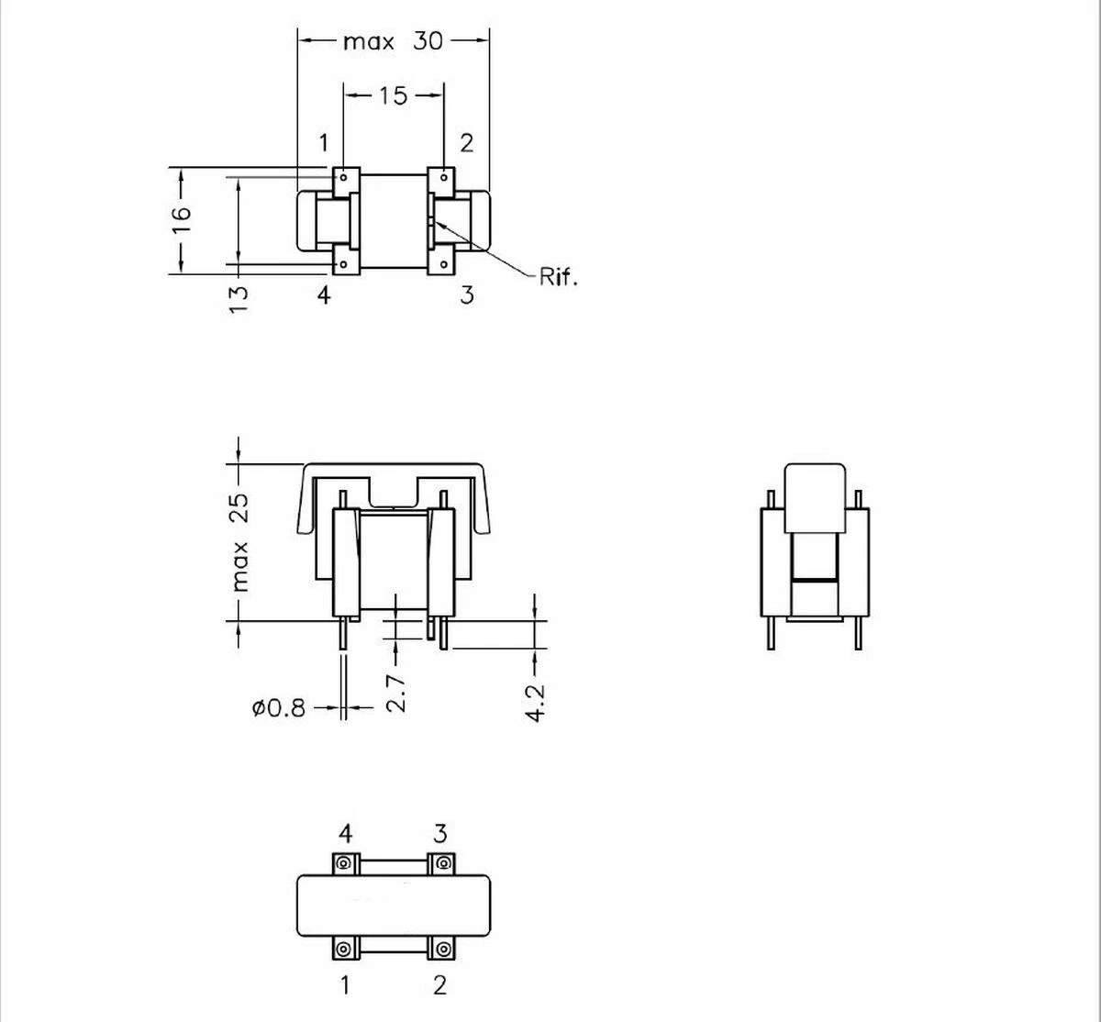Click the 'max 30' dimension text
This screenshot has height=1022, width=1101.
pos(393,41)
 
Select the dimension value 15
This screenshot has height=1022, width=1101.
pos(394,95)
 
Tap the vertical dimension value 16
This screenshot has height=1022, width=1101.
pos(182,219)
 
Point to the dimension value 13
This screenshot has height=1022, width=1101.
pos(239,300)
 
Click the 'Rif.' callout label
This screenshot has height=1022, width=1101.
pos(558,276)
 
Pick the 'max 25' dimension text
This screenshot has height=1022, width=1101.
pos(240,542)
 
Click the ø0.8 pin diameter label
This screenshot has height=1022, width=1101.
pos(278,708)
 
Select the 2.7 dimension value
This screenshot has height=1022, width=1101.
pos(396,694)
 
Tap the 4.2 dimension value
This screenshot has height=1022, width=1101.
pos(535,704)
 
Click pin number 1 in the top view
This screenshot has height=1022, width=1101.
pos(324,143)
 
